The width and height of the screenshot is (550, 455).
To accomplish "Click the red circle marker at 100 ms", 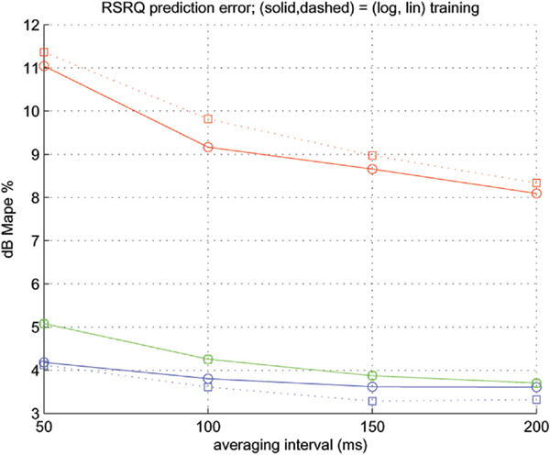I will (x=208, y=147).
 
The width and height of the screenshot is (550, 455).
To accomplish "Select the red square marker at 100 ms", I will (x=208, y=119).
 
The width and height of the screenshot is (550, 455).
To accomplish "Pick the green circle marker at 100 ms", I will (x=208, y=360).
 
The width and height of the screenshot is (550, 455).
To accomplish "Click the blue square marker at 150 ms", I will (x=372, y=401).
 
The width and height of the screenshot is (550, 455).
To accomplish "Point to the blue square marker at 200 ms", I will (x=536, y=399).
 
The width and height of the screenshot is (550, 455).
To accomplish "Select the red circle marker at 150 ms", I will (x=372, y=169).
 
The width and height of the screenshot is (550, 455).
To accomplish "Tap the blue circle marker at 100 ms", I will (x=208, y=378).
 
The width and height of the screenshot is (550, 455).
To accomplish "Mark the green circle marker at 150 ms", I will (x=372, y=375).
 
